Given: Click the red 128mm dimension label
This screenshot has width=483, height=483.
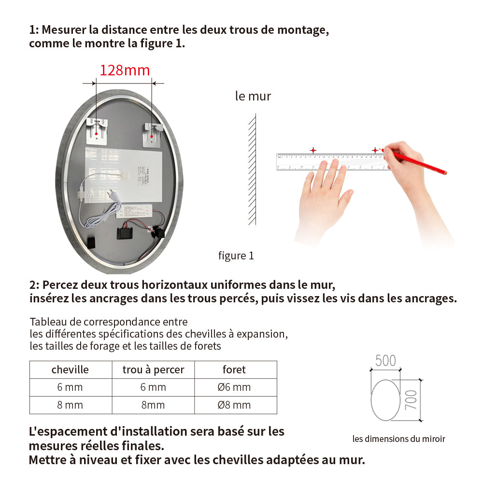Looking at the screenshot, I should (x=125, y=71).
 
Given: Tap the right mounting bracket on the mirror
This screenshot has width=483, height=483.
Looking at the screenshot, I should (x=153, y=133).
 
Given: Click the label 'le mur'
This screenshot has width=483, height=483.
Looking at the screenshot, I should (x=253, y=96).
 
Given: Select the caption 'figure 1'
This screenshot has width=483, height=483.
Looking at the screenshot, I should (x=236, y=256).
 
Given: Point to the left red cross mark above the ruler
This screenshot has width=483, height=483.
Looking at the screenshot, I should (x=313, y=150).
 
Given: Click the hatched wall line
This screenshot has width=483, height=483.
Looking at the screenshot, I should (x=252, y=169).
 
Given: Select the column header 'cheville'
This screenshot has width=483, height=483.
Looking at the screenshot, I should (x=70, y=369).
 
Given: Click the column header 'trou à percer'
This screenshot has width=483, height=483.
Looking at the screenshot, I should (x=153, y=369).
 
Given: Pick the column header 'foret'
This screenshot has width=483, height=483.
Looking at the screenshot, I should (x=234, y=369).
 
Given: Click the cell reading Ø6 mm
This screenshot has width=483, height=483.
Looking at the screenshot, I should (x=234, y=387).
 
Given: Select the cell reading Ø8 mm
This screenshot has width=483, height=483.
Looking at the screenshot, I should (x=234, y=405).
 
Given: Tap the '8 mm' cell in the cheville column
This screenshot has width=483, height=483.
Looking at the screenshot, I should (x=70, y=405).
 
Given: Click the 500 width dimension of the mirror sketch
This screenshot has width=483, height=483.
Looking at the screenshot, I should (x=385, y=360).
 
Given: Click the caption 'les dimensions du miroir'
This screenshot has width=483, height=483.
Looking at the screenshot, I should (x=398, y=439).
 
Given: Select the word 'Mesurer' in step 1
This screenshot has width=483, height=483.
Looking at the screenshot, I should (x=63, y=29).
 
